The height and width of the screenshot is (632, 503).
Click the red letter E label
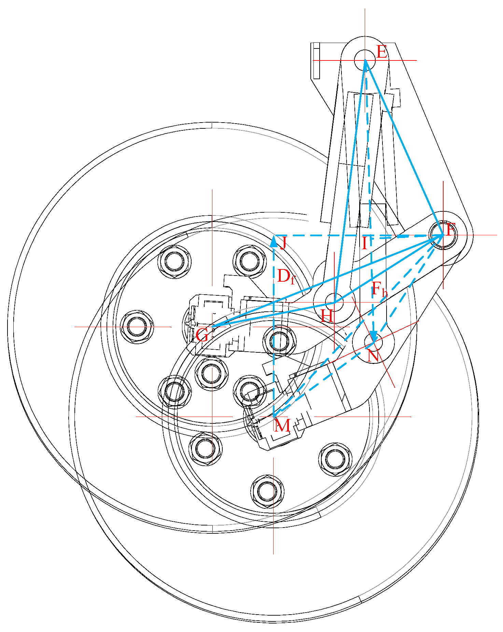tap(382, 52)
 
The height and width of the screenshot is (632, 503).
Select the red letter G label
tap(202, 335)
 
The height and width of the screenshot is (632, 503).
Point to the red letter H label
tap(327, 316)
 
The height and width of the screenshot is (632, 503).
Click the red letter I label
tap(365, 243)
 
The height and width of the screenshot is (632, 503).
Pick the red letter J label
tap(283, 243)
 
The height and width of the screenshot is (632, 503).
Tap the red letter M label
tap(282, 425)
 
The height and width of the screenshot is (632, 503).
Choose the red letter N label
tap(373, 356)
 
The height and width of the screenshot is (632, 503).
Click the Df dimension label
tap(285, 276)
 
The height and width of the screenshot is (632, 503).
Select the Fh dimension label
tap(379, 289)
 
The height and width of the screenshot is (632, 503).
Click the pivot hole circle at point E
tap(365, 60)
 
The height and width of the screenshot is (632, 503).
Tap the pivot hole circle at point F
tap(443, 235)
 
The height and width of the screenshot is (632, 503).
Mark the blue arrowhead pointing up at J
tap(274, 241)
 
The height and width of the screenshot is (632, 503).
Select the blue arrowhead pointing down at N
tap(374, 336)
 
